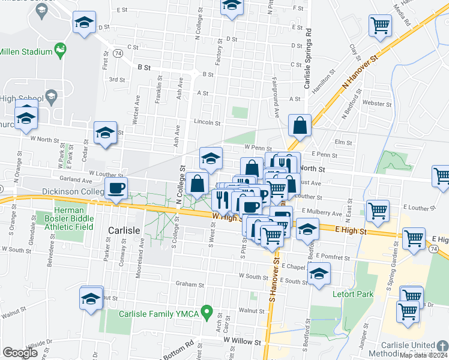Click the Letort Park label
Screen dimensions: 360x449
(x=353, y=294)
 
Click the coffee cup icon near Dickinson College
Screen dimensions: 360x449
(x=116, y=188)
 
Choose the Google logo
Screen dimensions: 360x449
(x=20, y=353)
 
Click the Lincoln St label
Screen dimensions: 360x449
(x=207, y=122)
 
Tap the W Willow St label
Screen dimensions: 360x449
(x=242, y=340)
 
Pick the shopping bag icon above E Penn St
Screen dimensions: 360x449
(x=300, y=125)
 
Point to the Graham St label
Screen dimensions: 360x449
(x=187, y=284)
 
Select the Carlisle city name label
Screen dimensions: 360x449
(x=124, y=230)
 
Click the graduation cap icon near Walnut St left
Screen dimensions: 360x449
(x=91, y=298)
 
